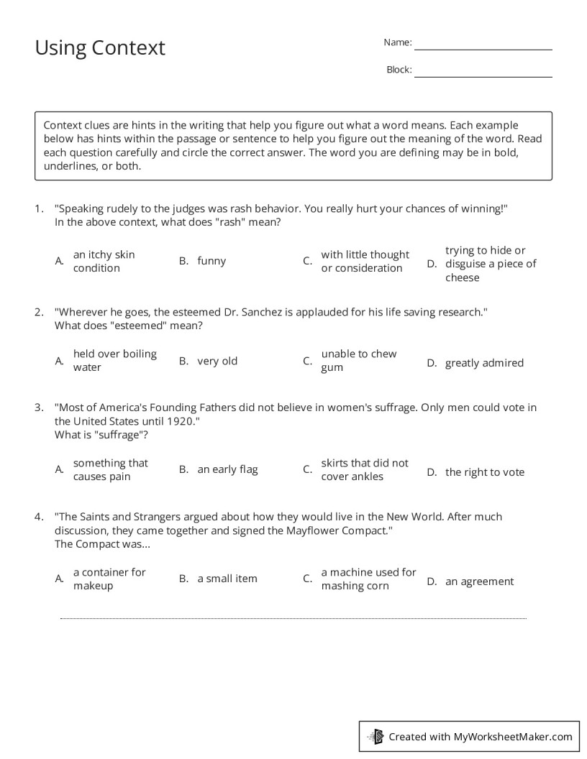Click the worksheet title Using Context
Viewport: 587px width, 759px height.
pos(100,47)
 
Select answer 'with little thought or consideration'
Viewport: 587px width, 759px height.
pos(365,262)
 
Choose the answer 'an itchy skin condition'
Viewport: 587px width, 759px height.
pos(104,262)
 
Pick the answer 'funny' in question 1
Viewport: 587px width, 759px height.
pos(211,262)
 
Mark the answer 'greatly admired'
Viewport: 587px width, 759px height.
pos(484,363)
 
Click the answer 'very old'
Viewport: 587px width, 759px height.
pos(217,361)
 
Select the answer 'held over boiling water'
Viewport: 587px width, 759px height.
pos(114,361)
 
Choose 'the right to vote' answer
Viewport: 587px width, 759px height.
pos(485,472)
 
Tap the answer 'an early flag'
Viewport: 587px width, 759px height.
pos(227,469)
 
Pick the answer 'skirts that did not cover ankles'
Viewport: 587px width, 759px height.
pos(364,470)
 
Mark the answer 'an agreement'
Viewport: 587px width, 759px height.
pos(479,581)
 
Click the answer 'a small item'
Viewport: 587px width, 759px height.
pos(227,579)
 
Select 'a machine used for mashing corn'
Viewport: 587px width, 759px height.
pos(368,579)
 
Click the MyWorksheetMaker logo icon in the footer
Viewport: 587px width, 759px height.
pos(376,736)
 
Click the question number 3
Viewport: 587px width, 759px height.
pos(39,408)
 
